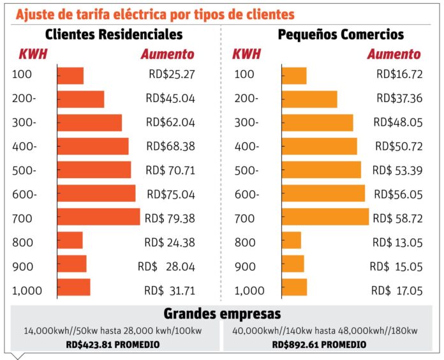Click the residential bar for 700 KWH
coord(98,216)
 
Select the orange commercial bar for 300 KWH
coord(318,123)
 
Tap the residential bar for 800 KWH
coord(70,240)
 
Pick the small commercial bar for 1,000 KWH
coord(295,287)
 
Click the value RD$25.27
coord(172,74)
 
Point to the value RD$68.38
coord(171,146)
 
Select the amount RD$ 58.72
coord(397,218)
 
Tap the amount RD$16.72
coord(399,74)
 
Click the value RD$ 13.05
coord(397,243)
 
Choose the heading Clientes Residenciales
coord(114,34)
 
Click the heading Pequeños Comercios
coord(341,34)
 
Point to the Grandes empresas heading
coord(222,313)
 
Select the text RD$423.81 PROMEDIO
coord(113,345)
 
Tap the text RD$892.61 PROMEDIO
coord(319,345)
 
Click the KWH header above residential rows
coord(33,54)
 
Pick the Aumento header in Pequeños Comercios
coord(394,54)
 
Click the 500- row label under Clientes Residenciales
coord(24,170)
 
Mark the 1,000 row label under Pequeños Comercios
coord(249,290)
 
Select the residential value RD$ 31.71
coord(170,290)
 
